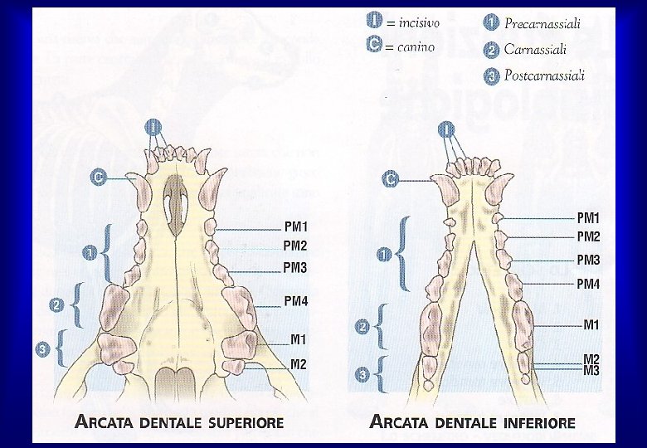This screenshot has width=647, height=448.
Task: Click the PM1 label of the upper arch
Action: [x=295, y=226]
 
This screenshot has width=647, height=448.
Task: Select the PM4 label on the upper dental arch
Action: [x=295, y=301]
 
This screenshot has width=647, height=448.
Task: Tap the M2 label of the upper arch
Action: [x=298, y=364]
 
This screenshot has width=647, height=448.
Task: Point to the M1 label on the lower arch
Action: [x=591, y=325]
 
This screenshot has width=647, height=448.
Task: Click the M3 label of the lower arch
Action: [x=591, y=370]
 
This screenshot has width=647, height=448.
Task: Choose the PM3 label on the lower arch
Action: [x=588, y=260]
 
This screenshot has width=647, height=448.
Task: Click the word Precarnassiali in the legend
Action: [x=542, y=24]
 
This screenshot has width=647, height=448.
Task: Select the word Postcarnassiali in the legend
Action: [x=545, y=76]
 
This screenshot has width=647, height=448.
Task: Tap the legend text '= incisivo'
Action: [x=413, y=22]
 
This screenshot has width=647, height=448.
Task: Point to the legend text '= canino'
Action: [x=410, y=46]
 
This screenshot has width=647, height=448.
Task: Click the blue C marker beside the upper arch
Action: [x=99, y=178]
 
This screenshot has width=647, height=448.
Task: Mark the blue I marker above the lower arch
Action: [x=446, y=129]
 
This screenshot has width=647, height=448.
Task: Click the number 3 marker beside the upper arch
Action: [x=43, y=351]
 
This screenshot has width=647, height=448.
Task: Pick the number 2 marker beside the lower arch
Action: [x=362, y=327]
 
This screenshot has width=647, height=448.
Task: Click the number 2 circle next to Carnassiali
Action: [x=489, y=50]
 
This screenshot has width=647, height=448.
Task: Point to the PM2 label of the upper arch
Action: [x=295, y=246]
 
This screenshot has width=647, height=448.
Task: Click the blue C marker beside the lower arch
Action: [x=390, y=179]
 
